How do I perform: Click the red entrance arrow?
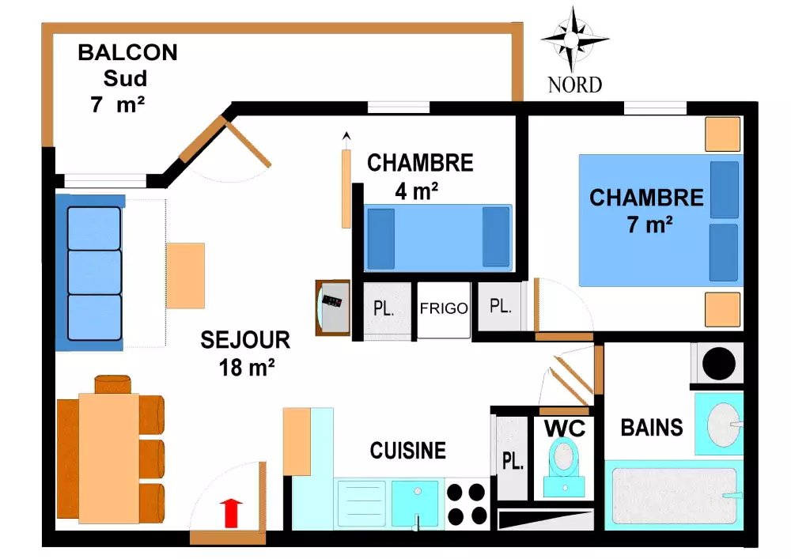pyautogui.click(x=231, y=512)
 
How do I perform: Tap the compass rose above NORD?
pyautogui.click(x=573, y=39)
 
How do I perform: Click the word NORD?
pyautogui.click(x=575, y=85)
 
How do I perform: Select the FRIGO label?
pyautogui.click(x=443, y=308)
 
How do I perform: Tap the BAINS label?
pyautogui.click(x=652, y=428)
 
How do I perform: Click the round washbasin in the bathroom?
pyautogui.click(x=721, y=424)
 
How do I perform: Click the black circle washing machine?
pyautogui.click(x=719, y=364)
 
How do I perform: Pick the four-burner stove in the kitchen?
pyautogui.click(x=467, y=504)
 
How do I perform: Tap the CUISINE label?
pyautogui.click(x=407, y=451)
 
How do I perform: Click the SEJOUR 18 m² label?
pyautogui.click(x=245, y=353)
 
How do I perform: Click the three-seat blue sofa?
pyautogui.click(x=93, y=271)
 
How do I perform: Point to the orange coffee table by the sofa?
pyautogui.click(x=186, y=275)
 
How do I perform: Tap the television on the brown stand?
pyautogui.click(x=332, y=307)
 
